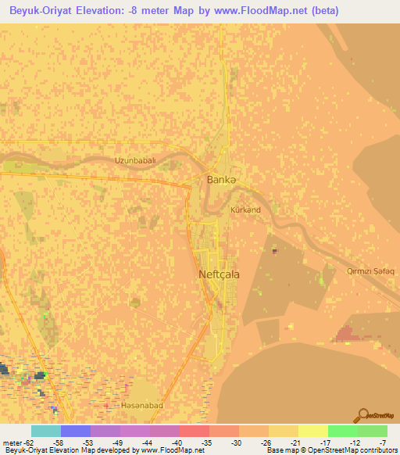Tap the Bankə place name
tap(221, 180)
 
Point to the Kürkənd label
tap(245, 210)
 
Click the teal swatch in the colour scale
tap(45, 431)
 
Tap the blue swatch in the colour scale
tap(75, 431)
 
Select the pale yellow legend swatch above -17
tap(312, 431)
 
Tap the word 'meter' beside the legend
tap(12, 442)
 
